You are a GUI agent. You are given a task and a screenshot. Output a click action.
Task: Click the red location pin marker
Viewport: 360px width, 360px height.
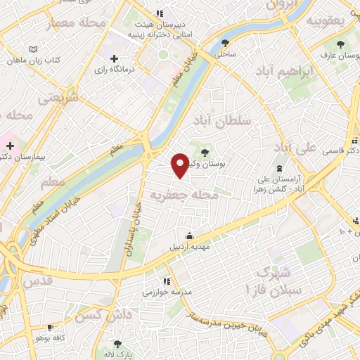(181, 165)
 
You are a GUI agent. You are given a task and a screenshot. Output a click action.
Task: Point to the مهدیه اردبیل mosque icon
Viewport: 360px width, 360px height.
(188, 236)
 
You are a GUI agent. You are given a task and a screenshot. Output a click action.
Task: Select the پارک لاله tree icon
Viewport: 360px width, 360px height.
(117, 345)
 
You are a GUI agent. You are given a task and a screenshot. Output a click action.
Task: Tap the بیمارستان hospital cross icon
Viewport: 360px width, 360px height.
(9, 146)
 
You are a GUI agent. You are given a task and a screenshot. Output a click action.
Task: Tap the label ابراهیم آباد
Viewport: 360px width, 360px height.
(288, 72)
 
